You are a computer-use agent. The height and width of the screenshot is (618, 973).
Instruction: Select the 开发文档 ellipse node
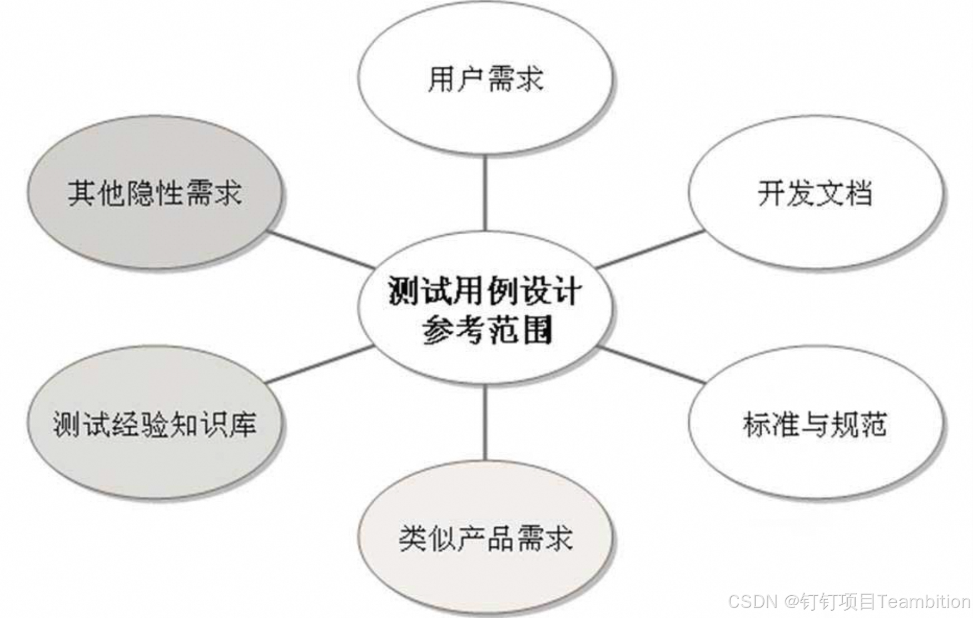pos(815,193)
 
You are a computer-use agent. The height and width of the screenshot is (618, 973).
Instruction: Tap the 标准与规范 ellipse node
pos(815,424)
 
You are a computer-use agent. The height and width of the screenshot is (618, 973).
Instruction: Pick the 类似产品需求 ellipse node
pos(485,538)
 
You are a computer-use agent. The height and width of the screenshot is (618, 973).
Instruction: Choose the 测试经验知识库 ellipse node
pos(155,424)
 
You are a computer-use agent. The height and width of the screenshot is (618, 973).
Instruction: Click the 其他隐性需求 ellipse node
pos(155,193)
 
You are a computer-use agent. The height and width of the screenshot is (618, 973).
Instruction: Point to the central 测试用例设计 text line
pos(485,291)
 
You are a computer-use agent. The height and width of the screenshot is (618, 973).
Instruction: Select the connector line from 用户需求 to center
pos(485,192)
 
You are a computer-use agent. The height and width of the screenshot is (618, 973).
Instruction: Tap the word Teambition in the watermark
pos(924,601)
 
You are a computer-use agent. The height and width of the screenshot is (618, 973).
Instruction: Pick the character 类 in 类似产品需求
pos(413,538)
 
